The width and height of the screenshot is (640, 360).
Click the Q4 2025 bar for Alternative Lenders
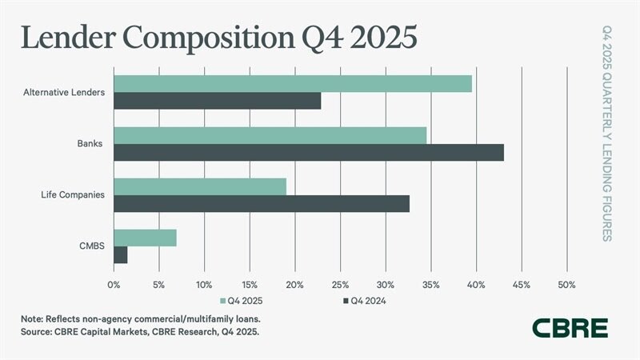click(x=293, y=83)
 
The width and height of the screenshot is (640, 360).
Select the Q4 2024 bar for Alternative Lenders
click(x=217, y=101)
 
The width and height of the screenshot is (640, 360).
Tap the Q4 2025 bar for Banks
click(x=270, y=135)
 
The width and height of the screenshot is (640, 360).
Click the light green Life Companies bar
click(x=200, y=186)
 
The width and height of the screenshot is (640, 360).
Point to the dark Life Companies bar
click(x=262, y=203)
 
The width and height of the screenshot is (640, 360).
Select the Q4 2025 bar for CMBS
click(x=145, y=238)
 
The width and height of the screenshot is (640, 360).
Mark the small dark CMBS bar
click(x=121, y=254)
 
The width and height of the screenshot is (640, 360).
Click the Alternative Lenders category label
click(x=64, y=93)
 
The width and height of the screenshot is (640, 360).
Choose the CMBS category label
click(x=91, y=246)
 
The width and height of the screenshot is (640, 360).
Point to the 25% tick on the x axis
click(x=340, y=284)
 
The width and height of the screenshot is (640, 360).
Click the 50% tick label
click(x=566, y=284)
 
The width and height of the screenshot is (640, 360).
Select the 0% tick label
click(x=114, y=284)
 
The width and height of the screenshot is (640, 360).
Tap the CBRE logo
click(x=570, y=327)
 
